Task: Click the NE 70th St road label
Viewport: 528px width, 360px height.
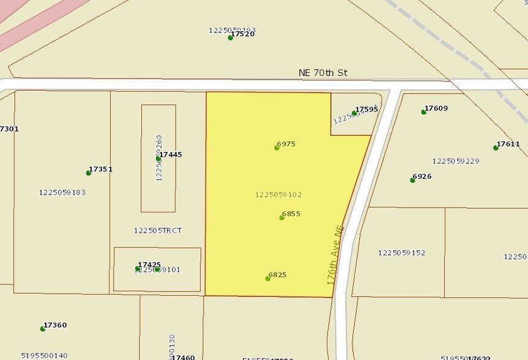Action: click(x=322, y=73)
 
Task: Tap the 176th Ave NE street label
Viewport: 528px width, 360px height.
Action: click(x=335, y=255)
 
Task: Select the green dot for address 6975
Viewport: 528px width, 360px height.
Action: click(x=277, y=148)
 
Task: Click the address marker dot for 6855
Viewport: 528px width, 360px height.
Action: click(x=281, y=217)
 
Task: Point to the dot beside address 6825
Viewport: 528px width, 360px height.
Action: click(x=268, y=279)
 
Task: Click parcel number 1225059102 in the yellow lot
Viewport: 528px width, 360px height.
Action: click(x=278, y=195)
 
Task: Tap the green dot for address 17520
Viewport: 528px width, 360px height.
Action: click(x=231, y=37)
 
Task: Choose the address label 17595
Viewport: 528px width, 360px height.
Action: click(x=367, y=110)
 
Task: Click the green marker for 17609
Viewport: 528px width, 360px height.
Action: click(x=423, y=111)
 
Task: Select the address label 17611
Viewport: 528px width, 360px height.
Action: click(x=508, y=144)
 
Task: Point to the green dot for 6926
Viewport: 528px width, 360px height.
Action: click(x=412, y=180)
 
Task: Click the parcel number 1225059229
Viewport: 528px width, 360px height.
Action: click(x=455, y=161)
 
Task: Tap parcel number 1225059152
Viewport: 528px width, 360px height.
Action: click(x=401, y=253)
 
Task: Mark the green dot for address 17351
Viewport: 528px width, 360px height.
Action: click(x=89, y=173)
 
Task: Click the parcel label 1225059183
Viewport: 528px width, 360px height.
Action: click(x=62, y=192)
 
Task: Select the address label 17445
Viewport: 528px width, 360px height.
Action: click(x=171, y=155)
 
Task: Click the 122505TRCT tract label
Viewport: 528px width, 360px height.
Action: click(x=157, y=231)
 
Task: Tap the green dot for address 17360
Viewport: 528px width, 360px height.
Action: click(x=43, y=329)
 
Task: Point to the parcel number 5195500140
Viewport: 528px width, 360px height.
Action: click(x=44, y=355)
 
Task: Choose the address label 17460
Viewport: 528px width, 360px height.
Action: click(x=184, y=357)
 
